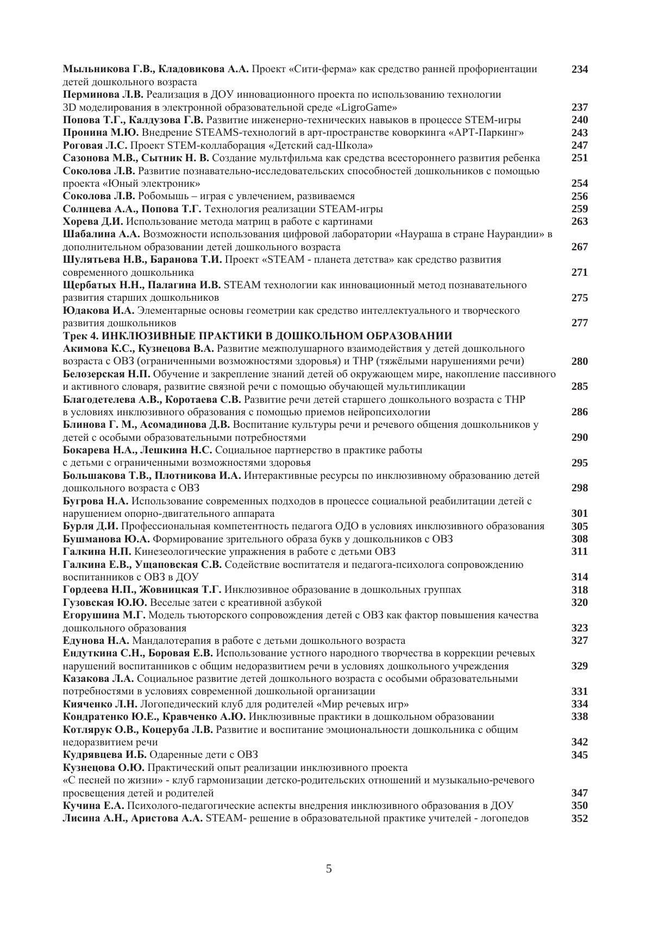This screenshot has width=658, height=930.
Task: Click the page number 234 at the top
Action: point(579,69)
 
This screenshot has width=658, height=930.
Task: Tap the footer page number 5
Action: point(329,868)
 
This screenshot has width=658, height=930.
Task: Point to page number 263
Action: point(579,222)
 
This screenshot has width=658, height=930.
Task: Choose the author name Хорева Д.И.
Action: point(93,222)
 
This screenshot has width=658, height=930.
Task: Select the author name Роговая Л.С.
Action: point(95,145)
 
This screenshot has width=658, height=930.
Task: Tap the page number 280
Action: point(579,361)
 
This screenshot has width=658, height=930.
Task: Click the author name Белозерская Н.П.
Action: point(107,374)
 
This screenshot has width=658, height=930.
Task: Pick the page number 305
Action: point(579,526)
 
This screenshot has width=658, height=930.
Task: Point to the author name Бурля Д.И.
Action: point(90,526)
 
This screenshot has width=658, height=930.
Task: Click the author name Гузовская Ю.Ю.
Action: point(105,603)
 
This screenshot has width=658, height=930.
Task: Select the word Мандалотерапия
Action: point(172,641)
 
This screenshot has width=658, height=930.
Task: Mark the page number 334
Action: point(579,704)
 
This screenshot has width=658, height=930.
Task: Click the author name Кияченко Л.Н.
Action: point(99,704)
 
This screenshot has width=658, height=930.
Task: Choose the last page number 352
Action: point(579,818)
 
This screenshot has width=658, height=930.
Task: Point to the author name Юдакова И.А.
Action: point(98,311)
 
